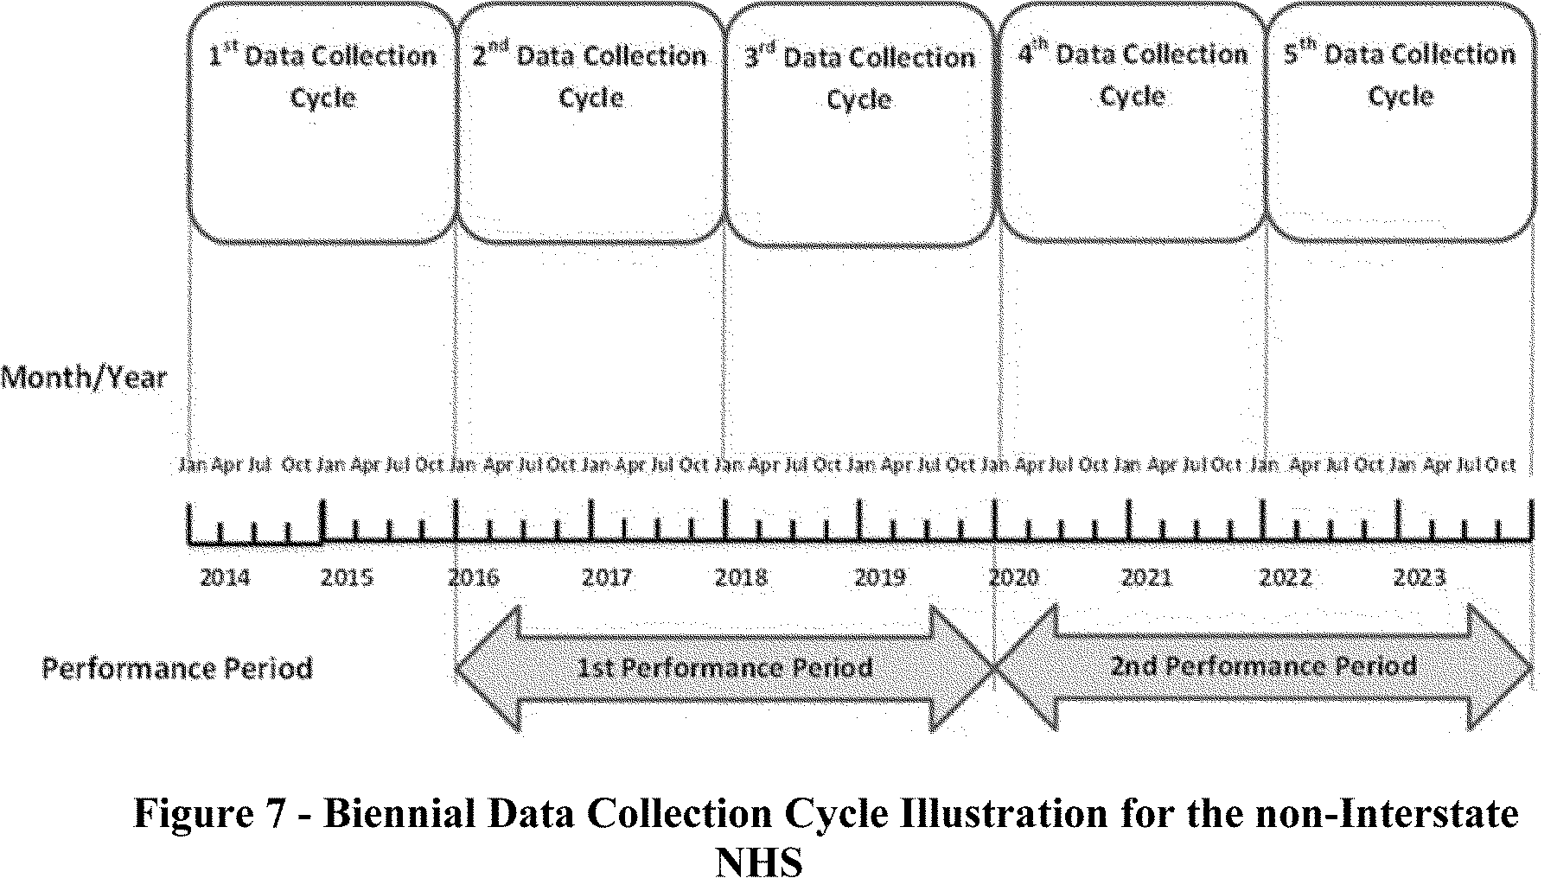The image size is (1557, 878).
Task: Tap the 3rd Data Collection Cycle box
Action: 859,123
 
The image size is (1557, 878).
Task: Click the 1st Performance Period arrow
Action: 724,668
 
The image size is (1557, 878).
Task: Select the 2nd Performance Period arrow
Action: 1264,666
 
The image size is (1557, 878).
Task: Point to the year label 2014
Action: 225,577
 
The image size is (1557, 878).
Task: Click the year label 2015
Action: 347,577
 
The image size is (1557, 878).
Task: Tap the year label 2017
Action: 607,577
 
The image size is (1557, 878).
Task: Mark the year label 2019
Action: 879,577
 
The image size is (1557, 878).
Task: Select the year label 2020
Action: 1013,577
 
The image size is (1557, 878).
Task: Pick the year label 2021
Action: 1146,577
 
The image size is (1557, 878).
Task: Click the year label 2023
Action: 1420,577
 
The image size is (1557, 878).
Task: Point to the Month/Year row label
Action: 84,378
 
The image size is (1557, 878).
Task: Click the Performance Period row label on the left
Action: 177,668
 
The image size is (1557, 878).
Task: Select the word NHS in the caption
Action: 759,862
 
